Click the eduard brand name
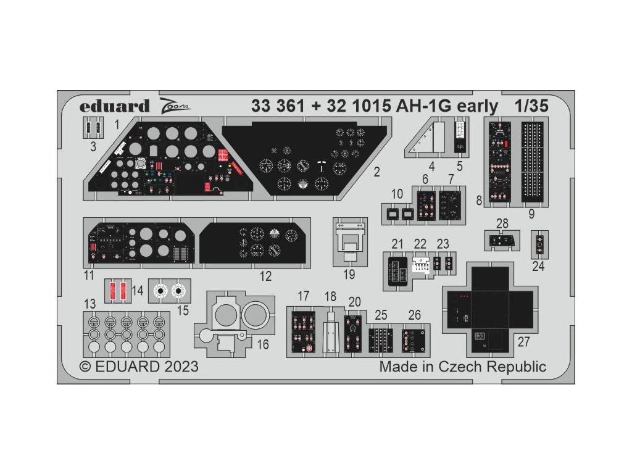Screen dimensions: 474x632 click(x=114, y=106)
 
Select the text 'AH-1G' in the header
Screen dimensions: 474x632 click(x=423, y=106)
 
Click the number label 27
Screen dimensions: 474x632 click(x=523, y=341)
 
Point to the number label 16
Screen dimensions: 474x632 click(x=263, y=344)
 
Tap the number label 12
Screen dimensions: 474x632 click(x=265, y=276)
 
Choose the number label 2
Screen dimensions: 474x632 click(x=377, y=172)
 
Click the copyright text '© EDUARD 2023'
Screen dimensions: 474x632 click(x=139, y=367)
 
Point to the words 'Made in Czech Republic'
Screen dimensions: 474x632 click(x=462, y=367)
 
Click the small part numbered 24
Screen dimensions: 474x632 click(x=539, y=245)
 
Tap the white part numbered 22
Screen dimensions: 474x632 click(x=420, y=264)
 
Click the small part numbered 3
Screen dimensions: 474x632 click(x=93, y=128)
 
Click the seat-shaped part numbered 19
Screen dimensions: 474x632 click(x=349, y=240)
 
